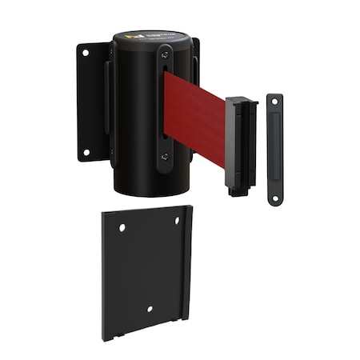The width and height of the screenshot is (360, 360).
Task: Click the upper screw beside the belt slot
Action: [166, 55]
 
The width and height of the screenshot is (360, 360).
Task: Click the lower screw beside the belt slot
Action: [165, 156]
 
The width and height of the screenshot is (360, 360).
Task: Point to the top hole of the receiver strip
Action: [274, 102]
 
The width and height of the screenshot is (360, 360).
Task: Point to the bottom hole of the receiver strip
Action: [274, 197]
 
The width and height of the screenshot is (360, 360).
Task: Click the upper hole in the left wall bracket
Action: [86, 54]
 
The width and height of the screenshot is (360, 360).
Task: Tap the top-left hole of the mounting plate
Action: [122, 228]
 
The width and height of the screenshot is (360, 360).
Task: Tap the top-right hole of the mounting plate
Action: [178, 220]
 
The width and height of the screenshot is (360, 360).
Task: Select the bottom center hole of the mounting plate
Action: [150, 309]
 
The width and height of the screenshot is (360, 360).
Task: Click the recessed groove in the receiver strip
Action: [274, 150]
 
